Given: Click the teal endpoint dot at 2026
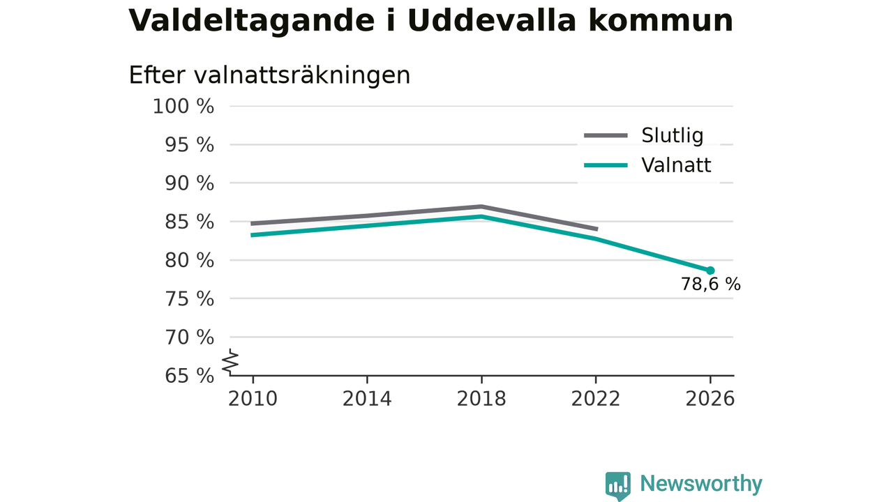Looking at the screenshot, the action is click(x=710, y=271).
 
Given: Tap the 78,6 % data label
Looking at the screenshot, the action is click(x=710, y=284).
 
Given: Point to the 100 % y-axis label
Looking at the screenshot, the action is click(x=183, y=107).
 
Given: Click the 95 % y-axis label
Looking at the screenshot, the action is click(x=189, y=145).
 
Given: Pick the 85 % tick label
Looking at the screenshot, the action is click(x=189, y=222).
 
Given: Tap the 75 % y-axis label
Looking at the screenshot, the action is click(x=189, y=299).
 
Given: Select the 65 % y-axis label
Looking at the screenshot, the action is click(x=189, y=376).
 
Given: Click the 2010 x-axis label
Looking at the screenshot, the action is click(x=253, y=399).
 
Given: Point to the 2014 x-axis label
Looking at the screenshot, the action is click(x=367, y=399).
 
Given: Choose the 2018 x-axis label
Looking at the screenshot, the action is click(x=481, y=399).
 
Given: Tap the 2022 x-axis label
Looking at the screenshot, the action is click(x=596, y=399).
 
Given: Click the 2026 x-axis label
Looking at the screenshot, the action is click(x=710, y=399).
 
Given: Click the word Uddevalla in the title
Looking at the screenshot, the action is click(x=492, y=20).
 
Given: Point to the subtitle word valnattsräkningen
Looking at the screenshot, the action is click(x=302, y=76).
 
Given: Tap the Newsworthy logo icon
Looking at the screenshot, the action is click(x=618, y=486).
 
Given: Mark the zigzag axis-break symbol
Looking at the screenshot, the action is click(x=230, y=362).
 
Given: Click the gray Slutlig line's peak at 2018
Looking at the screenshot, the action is click(x=481, y=207).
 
